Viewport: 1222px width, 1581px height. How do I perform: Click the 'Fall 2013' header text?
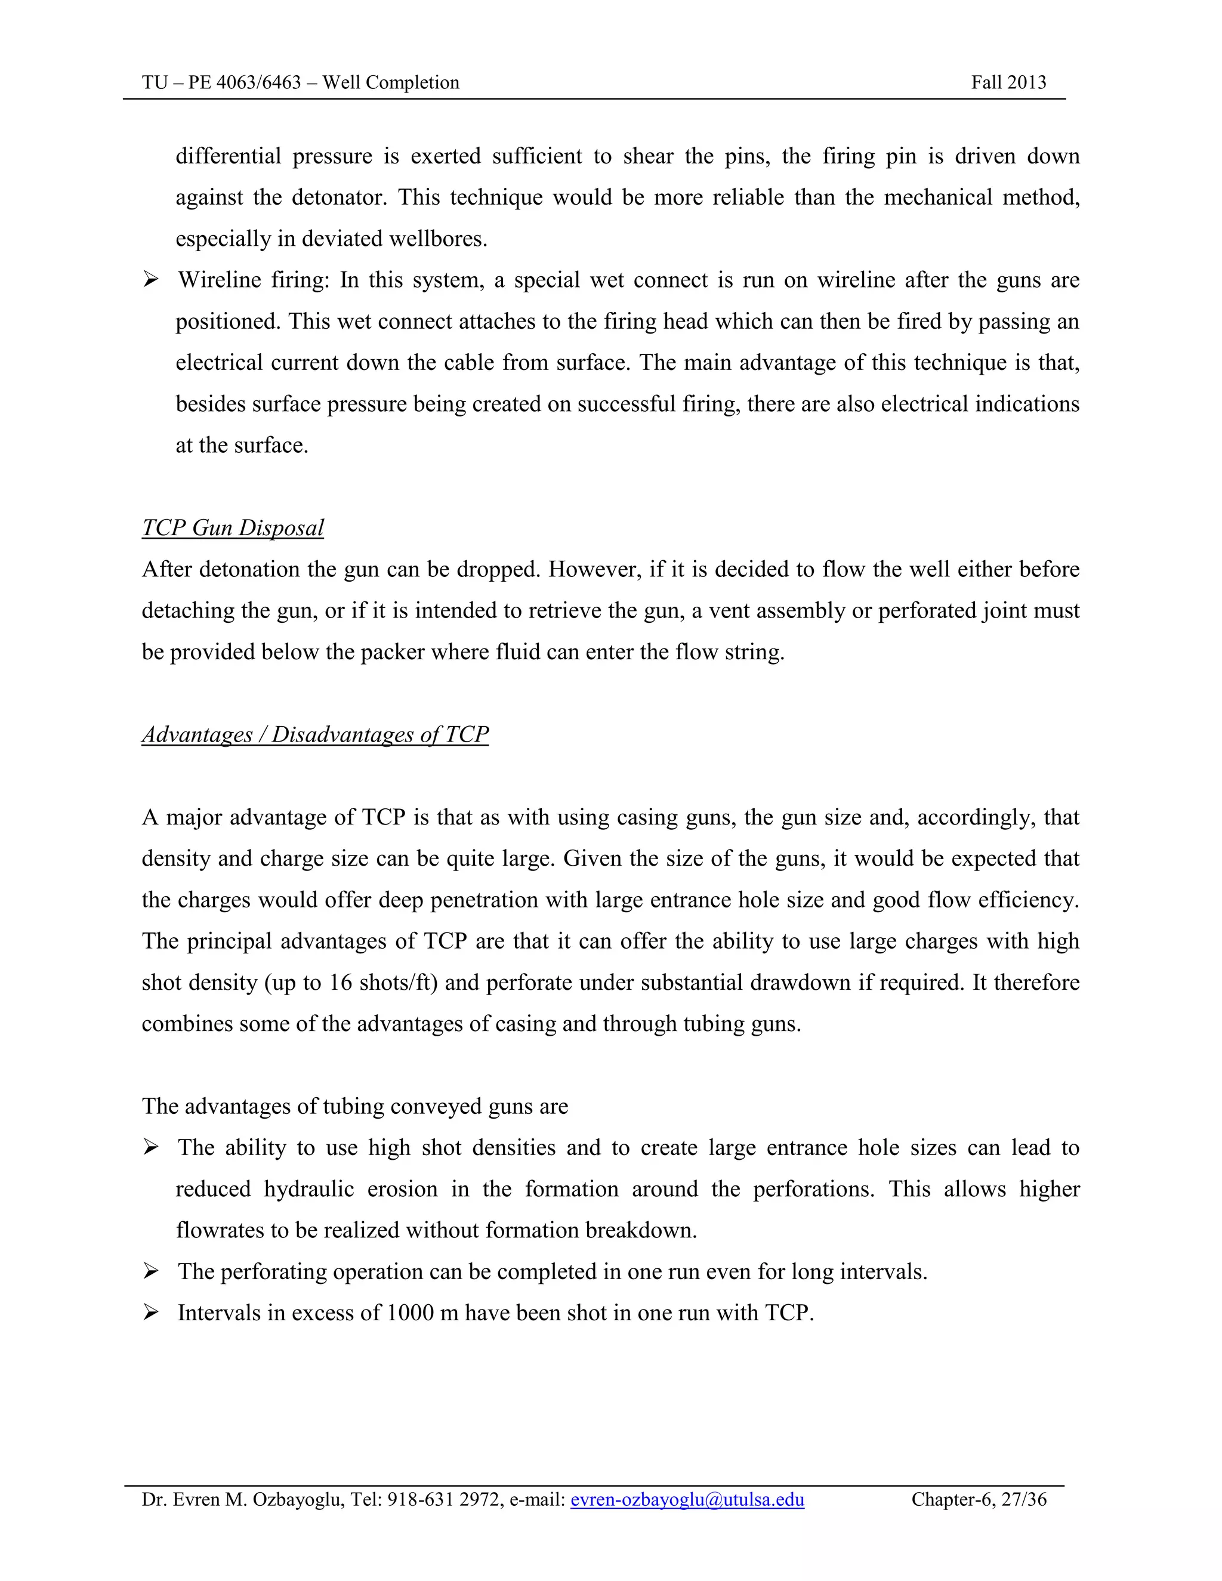[x=1008, y=82]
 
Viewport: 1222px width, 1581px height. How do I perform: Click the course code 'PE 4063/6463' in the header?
[x=245, y=82]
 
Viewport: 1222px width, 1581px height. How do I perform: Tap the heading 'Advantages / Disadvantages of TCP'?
[x=315, y=735]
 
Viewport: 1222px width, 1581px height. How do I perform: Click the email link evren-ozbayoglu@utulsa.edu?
[x=687, y=1499]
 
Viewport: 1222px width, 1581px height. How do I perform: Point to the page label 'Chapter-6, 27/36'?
[x=978, y=1499]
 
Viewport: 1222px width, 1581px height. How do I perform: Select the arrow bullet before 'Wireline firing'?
[x=150, y=279]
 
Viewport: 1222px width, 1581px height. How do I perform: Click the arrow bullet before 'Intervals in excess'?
[x=150, y=1313]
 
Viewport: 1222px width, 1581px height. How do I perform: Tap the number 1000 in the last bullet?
[x=411, y=1313]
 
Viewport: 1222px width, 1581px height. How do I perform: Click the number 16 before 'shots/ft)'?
[x=340, y=983]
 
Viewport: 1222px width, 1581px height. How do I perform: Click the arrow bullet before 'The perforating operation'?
[x=150, y=1271]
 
